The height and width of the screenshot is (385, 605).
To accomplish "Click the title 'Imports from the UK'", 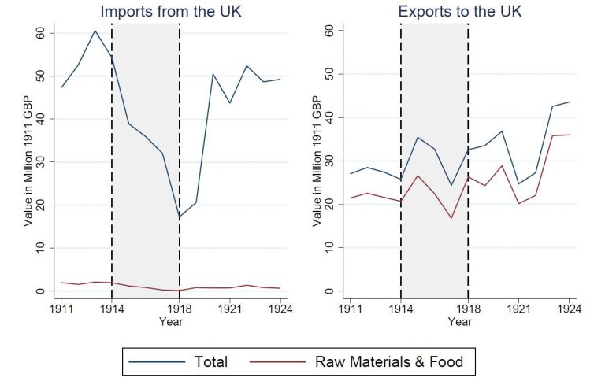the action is (171, 11).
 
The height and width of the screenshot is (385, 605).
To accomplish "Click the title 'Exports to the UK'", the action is (460, 11).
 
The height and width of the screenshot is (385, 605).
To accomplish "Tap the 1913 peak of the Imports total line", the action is (95, 31).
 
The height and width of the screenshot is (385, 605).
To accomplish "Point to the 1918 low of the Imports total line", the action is (180, 217).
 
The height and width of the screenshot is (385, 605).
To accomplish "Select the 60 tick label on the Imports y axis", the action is (40, 33).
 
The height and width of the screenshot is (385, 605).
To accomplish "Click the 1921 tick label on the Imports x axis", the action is (230, 309).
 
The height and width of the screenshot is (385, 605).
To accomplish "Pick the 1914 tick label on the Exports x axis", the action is (401, 309).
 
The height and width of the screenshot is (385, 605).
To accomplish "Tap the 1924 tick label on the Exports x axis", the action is (569, 309).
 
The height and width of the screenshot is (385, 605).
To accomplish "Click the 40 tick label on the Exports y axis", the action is (329, 117).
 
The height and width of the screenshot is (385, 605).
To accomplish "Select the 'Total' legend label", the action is (210, 361).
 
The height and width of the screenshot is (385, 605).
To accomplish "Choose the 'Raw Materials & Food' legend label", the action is (389, 361).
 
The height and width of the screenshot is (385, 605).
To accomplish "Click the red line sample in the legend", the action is (278, 361).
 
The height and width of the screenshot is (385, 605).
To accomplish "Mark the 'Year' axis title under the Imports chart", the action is (171, 321).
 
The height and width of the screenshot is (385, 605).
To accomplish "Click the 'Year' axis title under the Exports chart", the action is (459, 321).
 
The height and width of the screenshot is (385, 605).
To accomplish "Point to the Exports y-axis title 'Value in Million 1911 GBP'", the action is (317, 161).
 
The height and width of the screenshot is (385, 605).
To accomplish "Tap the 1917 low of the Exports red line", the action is (451, 218).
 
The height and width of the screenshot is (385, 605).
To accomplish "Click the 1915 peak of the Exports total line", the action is (418, 137).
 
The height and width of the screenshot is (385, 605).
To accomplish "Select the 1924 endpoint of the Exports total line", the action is (569, 102).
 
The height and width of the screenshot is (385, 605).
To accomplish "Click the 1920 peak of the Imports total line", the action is (213, 74).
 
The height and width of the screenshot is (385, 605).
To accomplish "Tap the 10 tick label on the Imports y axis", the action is (40, 248).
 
